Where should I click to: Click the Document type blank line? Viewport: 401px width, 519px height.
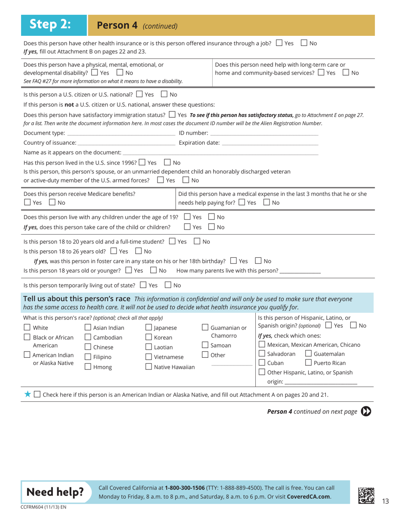pyautogui.click(x=121, y=134)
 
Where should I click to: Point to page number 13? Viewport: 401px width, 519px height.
pyautogui.click(x=385, y=501)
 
